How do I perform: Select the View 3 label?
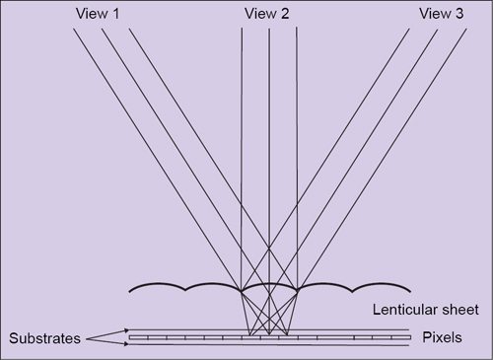pyautogui.click(x=439, y=13)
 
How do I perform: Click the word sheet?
pyautogui.click(x=459, y=310)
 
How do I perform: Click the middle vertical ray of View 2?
pyautogui.click(x=269, y=148)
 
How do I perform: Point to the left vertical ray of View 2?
pyautogui.click(x=243, y=148)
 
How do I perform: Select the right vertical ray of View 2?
pyautogui.click(x=297, y=148)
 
